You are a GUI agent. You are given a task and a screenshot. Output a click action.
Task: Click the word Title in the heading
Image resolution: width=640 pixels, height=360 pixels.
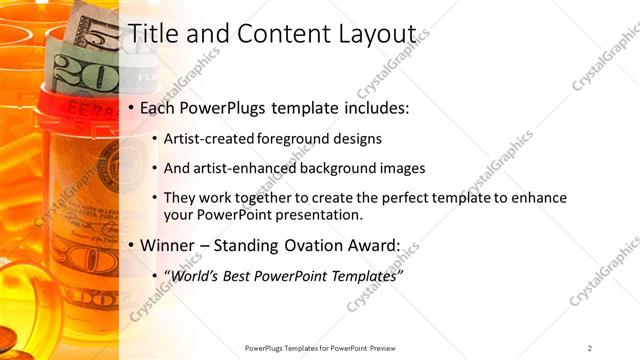click(x=151, y=32)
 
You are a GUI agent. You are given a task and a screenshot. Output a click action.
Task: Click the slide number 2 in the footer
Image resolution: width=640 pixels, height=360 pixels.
click(x=590, y=348)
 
